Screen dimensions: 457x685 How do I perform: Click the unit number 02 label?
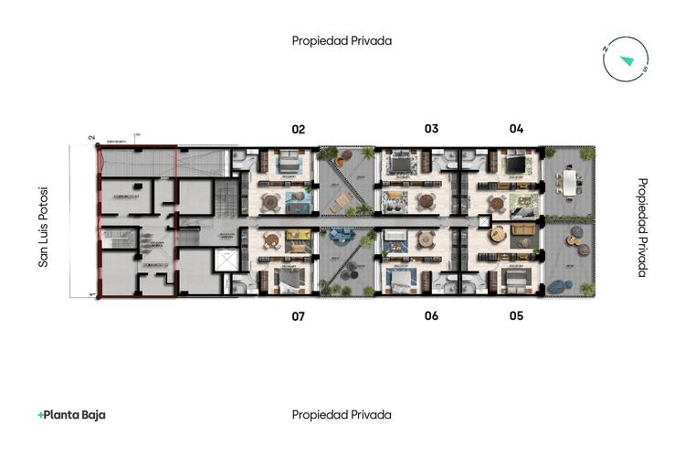point(298,129)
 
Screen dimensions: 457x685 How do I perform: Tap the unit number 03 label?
point(431,129)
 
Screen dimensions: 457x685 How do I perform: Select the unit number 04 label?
point(516,129)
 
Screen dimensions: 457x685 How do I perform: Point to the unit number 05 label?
point(516,316)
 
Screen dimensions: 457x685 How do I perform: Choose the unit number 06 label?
point(431,316)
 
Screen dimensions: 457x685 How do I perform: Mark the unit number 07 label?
point(298,316)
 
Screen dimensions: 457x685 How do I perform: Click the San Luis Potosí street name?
point(42,227)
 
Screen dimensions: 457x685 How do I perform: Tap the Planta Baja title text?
point(72,415)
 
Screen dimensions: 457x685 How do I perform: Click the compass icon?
point(626,60)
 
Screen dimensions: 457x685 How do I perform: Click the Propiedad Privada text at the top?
point(342,41)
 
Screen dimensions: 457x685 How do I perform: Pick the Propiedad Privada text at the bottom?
point(342,415)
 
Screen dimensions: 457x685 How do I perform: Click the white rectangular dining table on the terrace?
point(571,183)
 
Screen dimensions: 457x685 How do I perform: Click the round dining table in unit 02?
point(270,201)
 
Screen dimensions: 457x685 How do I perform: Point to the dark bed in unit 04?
point(516,165)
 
